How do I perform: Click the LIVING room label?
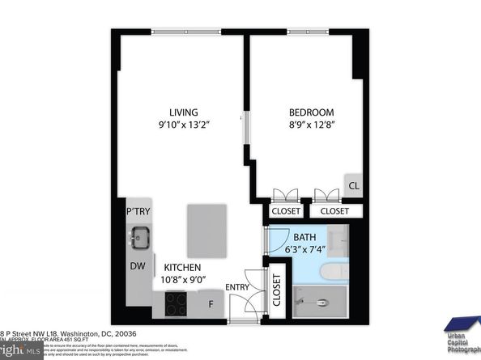click(x=184, y=112)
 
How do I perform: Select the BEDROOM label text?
click(x=312, y=112)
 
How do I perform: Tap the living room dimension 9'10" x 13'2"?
click(x=184, y=125)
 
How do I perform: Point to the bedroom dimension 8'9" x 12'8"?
click(x=312, y=125)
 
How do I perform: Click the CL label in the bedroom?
click(x=354, y=185)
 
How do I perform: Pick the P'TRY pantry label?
click(x=138, y=212)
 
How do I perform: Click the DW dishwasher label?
click(x=138, y=265)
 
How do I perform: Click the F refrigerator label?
click(x=211, y=304)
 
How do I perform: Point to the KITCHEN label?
click(x=183, y=267)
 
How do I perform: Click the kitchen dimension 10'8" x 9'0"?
click(x=183, y=280)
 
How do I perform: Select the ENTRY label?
click(x=237, y=286)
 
